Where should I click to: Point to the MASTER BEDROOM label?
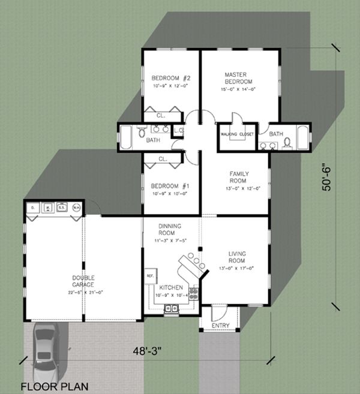pos(238,77)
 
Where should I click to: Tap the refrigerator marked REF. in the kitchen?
pos(149,278)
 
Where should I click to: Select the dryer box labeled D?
pos(34,208)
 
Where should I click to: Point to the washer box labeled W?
pos(47,208)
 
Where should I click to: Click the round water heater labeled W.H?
pos(76,208)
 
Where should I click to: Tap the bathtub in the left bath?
pos(127,139)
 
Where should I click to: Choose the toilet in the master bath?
pos(287,142)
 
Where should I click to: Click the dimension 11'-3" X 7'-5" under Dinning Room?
pos(170,240)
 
